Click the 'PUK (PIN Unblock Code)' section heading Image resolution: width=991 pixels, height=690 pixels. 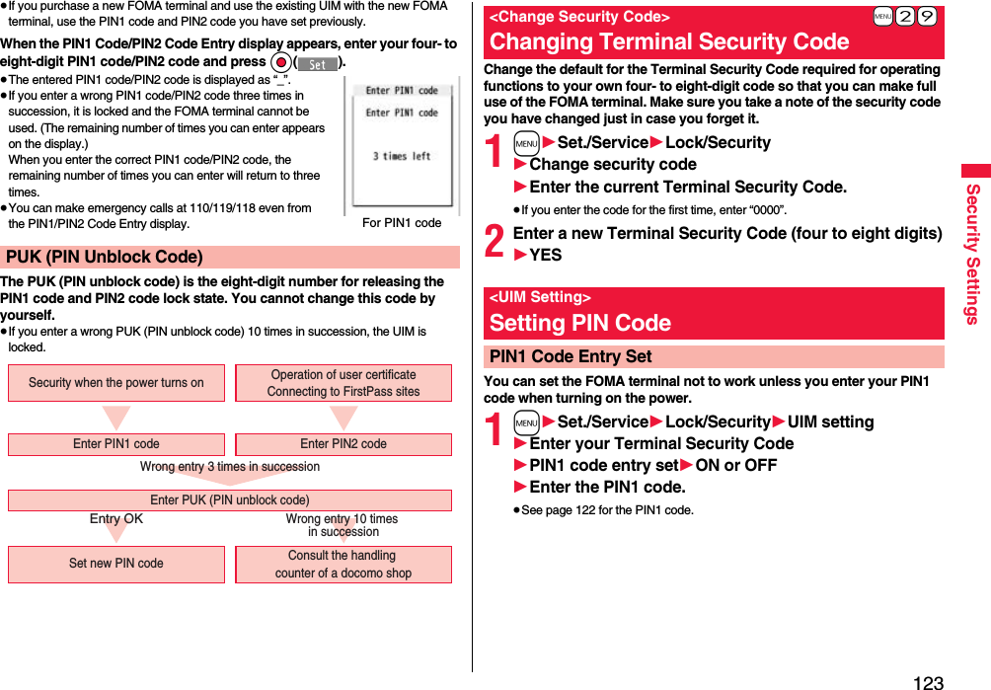(x=105, y=258)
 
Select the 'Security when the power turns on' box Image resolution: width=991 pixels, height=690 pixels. (x=116, y=383)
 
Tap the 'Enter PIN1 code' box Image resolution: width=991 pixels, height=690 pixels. (x=116, y=444)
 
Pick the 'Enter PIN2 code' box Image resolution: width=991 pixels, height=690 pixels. (x=343, y=444)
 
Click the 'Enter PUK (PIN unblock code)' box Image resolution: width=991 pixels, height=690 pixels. (x=229, y=500)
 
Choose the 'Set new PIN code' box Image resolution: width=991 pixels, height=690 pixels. (x=116, y=564)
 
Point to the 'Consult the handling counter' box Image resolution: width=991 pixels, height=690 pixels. (x=343, y=564)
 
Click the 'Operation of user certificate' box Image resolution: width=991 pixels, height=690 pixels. (x=343, y=383)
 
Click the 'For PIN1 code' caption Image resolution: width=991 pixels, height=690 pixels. (x=402, y=223)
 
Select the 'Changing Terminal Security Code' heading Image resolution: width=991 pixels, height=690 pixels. (x=669, y=41)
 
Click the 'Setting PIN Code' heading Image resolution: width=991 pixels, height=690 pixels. (x=580, y=323)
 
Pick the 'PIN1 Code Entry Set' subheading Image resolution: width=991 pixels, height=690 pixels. (x=571, y=356)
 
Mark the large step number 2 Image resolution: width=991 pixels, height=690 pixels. (x=495, y=243)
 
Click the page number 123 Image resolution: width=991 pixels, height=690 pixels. (x=928, y=681)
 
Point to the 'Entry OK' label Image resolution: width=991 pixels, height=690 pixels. (x=116, y=519)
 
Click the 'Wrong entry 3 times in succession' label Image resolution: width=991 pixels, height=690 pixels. (x=230, y=467)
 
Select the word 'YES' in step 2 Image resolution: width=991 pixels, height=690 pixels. (x=546, y=255)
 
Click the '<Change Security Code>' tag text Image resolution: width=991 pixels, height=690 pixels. (x=579, y=17)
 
